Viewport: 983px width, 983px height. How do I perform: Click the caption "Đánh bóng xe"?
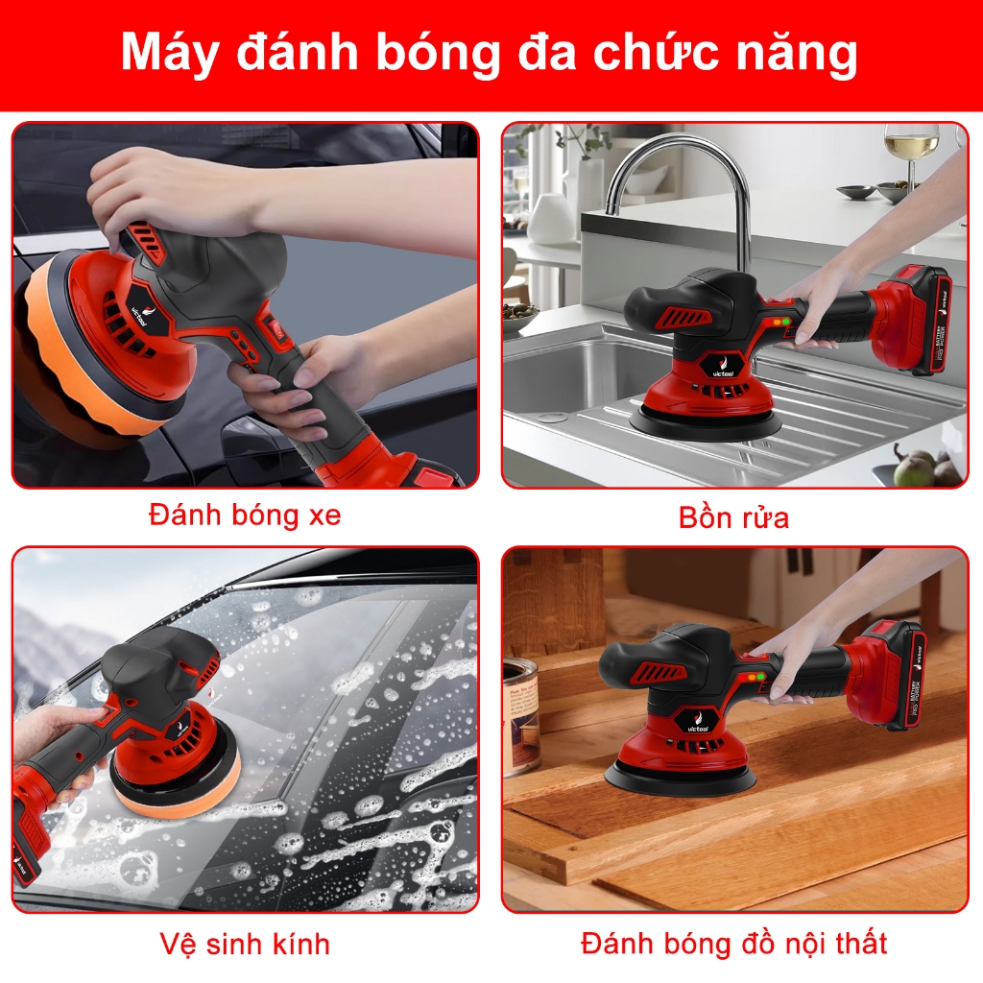(x=245, y=515)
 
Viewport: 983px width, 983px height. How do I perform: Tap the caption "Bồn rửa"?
(x=733, y=517)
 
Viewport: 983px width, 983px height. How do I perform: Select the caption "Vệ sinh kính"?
(x=245, y=944)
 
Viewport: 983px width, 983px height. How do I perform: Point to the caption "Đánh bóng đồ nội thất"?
(x=734, y=943)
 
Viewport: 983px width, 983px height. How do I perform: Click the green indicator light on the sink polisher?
(x=785, y=322)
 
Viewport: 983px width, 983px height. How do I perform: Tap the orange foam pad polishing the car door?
(x=94, y=351)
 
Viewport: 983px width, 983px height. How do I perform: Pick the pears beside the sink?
(x=924, y=464)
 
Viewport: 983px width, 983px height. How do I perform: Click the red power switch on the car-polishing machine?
(x=275, y=326)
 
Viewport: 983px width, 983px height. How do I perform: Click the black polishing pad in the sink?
(x=706, y=422)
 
